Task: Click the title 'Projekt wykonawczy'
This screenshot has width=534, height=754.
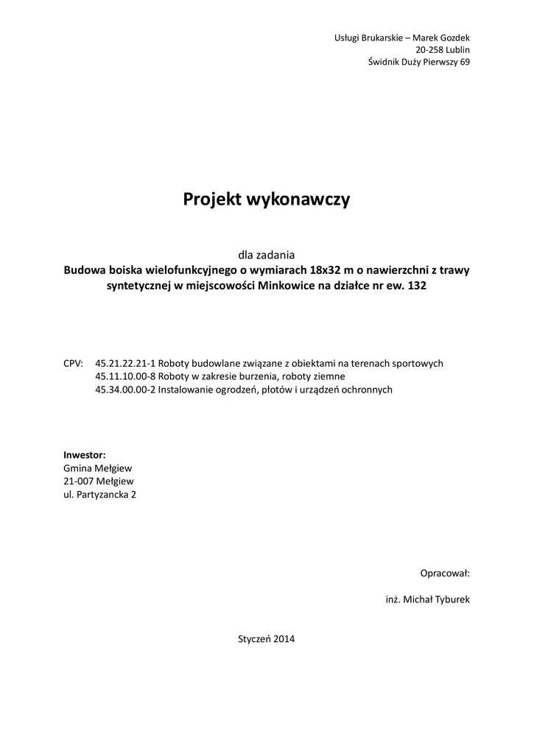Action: coord(267,199)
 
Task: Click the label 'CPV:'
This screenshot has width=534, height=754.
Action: coord(74,364)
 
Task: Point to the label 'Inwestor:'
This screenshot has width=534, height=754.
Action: coord(85,455)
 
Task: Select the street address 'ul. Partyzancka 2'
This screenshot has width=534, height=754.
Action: coord(100,495)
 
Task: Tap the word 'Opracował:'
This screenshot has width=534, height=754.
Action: coord(445,573)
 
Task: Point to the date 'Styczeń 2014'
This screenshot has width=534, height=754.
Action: coord(267,639)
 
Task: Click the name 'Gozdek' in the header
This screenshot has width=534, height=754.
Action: coord(452,38)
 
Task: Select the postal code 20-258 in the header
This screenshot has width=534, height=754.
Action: coord(432,50)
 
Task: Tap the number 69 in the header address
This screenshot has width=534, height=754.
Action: coord(464,63)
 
